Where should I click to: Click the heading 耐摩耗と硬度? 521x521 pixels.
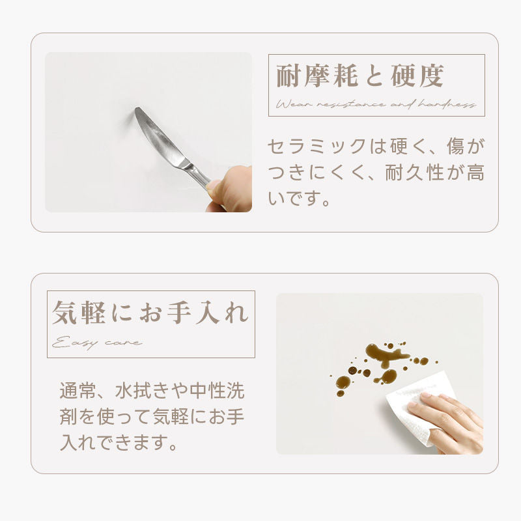pyautogui.click(x=360, y=76)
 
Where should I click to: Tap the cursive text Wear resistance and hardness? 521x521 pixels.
pyautogui.click(x=376, y=105)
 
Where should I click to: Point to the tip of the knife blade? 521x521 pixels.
pyautogui.click(x=136, y=109)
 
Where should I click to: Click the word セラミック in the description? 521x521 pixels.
pyautogui.click(x=317, y=147)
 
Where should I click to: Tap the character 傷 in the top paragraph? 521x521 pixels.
pyautogui.click(x=455, y=147)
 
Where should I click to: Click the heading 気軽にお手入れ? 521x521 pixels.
pyautogui.click(x=150, y=313)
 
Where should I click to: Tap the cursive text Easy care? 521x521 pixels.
pyautogui.click(x=97, y=343)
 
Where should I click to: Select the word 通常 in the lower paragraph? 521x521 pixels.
pyautogui.click(x=78, y=391)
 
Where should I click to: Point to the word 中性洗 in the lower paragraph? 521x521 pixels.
pyautogui.click(x=218, y=391)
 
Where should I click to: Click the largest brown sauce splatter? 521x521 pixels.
pyautogui.click(x=386, y=354)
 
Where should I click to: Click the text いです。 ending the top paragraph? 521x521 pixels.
pyautogui.click(x=298, y=199)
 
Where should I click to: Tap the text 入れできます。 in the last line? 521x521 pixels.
pyautogui.click(x=119, y=443)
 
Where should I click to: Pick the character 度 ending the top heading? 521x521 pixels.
pyautogui.click(x=431, y=76)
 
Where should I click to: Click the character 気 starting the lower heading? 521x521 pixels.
pyautogui.click(x=64, y=313)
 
